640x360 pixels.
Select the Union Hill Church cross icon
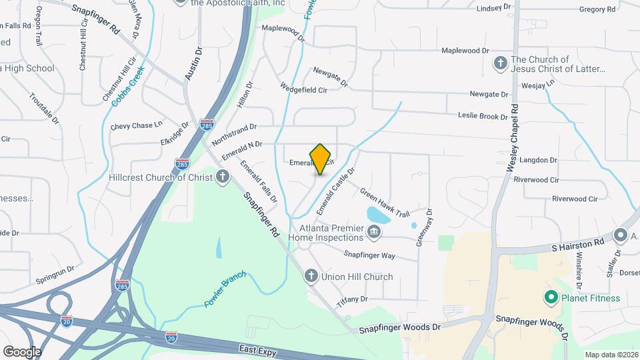(311, 276)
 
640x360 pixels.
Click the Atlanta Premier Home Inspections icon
(374, 232)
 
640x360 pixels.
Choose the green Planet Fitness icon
(551, 298)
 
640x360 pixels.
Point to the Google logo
(22, 351)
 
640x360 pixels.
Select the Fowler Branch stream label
(225, 289)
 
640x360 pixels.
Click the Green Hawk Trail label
(385, 201)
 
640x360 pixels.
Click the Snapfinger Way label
(369, 255)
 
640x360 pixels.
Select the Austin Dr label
(193, 64)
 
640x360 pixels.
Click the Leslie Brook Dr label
(483, 116)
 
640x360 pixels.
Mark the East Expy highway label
(257, 349)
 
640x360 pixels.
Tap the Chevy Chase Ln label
(137, 125)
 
